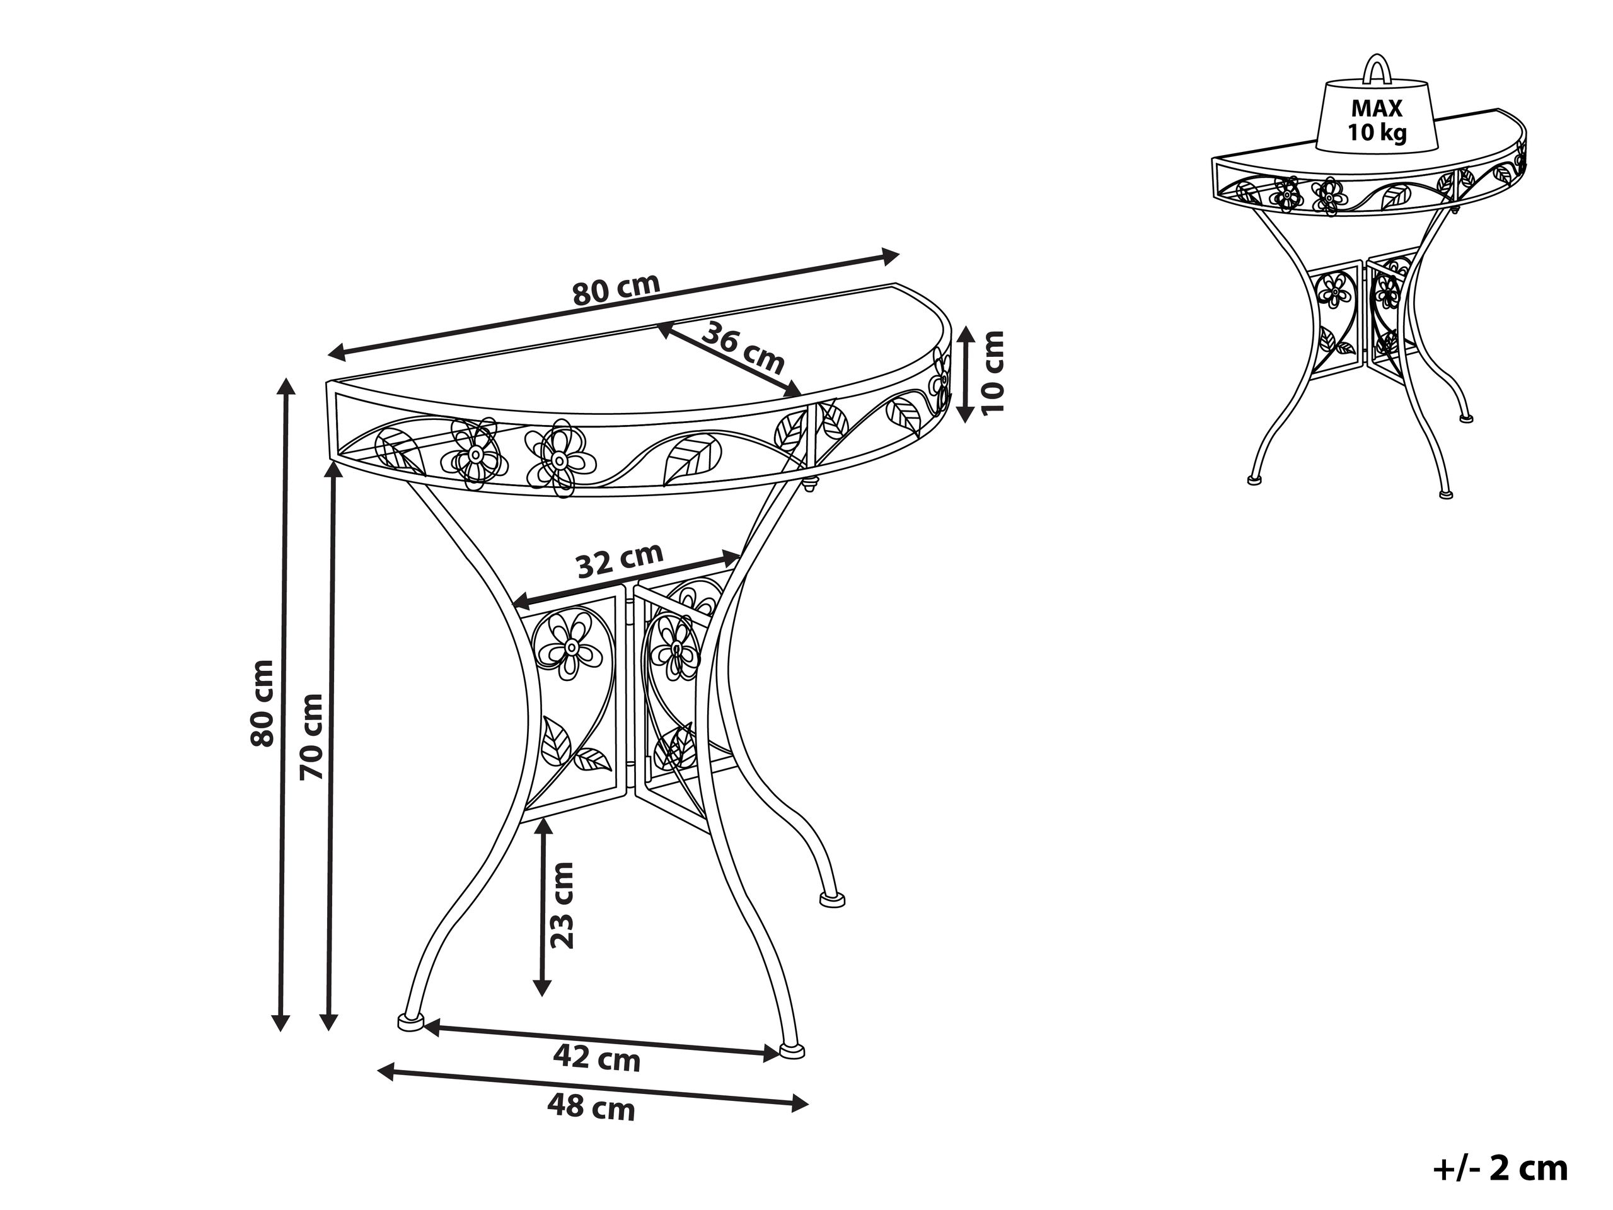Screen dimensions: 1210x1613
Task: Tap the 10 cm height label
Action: [993, 373]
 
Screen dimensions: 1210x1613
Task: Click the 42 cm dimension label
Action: [596, 1058]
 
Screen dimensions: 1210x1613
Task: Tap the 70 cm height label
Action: [312, 736]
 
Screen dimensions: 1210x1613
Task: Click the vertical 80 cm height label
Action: [262, 703]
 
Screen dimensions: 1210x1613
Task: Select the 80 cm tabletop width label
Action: [616, 289]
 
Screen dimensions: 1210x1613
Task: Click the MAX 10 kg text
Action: [1377, 120]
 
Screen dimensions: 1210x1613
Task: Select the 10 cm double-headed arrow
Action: [965, 373]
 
